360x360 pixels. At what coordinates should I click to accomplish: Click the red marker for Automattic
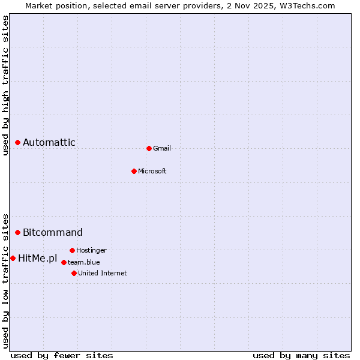[x=18, y=142]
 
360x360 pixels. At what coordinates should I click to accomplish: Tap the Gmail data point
[x=149, y=148]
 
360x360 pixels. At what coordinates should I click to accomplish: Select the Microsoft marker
[x=134, y=171]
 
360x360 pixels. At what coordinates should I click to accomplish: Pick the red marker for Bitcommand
[x=18, y=232]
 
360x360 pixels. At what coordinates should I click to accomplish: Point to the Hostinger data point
[x=72, y=250]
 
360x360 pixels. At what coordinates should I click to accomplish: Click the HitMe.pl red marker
[x=13, y=258]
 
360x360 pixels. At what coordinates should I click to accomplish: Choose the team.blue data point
[x=64, y=262]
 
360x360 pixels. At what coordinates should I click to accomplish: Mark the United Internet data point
[x=74, y=273]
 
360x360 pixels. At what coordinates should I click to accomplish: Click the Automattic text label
[x=49, y=142]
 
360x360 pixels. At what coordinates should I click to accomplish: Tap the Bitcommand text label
[x=53, y=232]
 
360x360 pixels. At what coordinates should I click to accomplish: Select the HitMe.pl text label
[x=37, y=259]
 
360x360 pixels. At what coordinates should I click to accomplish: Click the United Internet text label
[x=102, y=273]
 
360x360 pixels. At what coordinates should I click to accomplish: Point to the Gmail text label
[x=162, y=148]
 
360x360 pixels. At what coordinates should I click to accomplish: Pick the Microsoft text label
[x=152, y=171]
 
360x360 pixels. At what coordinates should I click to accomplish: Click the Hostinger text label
[x=91, y=250]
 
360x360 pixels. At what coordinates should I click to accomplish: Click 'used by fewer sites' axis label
[x=62, y=355]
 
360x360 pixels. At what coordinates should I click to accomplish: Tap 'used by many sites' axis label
[x=301, y=355]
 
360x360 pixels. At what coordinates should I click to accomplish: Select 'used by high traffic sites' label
[x=6, y=85]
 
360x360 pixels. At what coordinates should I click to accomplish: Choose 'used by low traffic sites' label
[x=6, y=280]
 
